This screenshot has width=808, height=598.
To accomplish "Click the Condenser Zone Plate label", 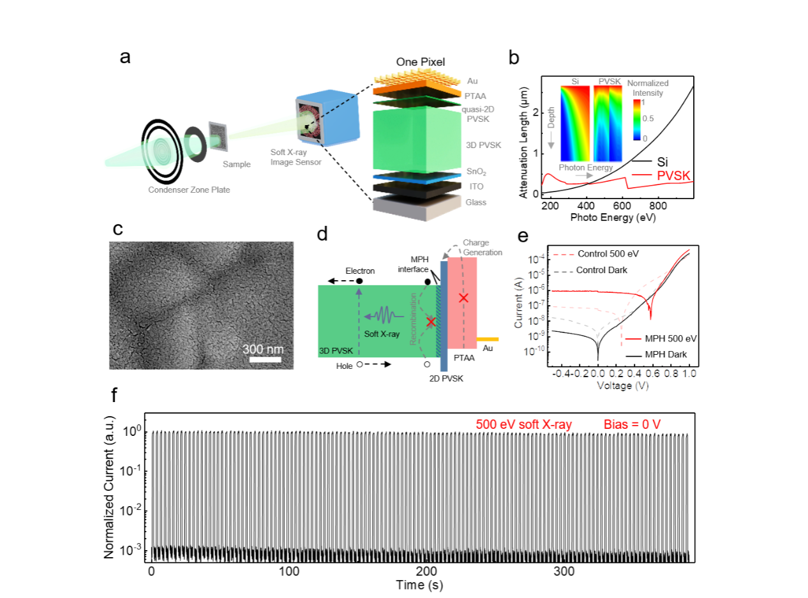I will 188,190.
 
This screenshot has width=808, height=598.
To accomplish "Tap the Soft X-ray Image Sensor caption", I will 295,158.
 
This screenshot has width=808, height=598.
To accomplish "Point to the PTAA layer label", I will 475,95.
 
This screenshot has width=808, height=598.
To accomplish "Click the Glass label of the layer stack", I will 476,202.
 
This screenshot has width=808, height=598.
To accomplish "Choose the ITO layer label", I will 476,186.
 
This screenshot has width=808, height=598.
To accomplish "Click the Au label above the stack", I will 472,81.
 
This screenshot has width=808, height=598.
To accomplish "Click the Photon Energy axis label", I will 586,168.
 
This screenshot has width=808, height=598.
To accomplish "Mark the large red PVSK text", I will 673,176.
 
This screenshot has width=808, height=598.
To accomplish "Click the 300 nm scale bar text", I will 263,350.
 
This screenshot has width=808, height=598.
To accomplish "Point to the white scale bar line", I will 266,359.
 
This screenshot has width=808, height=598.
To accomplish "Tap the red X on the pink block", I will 463,298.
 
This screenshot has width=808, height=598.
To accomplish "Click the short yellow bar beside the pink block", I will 488,340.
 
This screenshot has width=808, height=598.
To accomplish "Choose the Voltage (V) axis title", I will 622,385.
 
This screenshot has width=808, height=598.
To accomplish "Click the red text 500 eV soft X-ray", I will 524,424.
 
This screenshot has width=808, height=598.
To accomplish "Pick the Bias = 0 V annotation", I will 632,424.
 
